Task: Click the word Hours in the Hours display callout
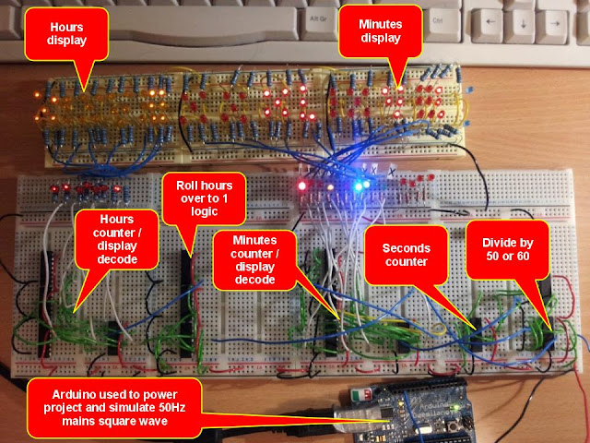(66, 28)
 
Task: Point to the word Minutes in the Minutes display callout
(381, 25)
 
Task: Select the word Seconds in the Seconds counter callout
(407, 248)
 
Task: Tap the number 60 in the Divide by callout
(523, 257)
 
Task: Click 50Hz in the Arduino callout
(168, 408)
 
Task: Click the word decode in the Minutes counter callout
(254, 280)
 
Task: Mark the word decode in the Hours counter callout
(117, 259)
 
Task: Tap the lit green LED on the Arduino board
(456, 407)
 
